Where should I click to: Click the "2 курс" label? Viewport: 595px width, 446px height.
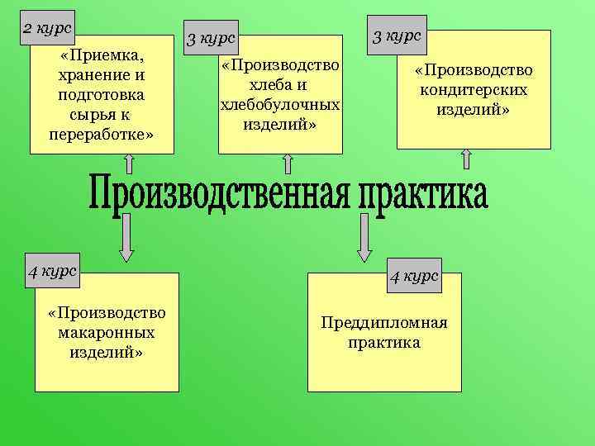coord(47,28)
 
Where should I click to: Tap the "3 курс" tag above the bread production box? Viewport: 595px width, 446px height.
coord(212,38)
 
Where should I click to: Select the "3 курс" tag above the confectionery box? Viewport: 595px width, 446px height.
coord(397,36)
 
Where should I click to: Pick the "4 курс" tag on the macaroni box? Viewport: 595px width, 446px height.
coord(52,271)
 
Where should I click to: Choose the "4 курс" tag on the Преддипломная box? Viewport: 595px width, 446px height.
coord(414,276)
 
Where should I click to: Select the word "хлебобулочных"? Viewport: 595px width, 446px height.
coord(280,105)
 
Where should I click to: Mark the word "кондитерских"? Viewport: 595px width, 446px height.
coord(474,90)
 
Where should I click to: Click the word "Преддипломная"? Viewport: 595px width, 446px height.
coord(384,322)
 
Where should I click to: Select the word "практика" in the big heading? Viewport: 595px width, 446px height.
coord(422,193)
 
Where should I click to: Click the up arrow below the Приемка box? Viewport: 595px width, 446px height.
coord(129,163)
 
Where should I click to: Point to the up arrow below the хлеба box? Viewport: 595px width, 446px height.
coord(288,163)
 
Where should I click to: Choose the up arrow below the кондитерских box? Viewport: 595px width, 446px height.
coord(466,159)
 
